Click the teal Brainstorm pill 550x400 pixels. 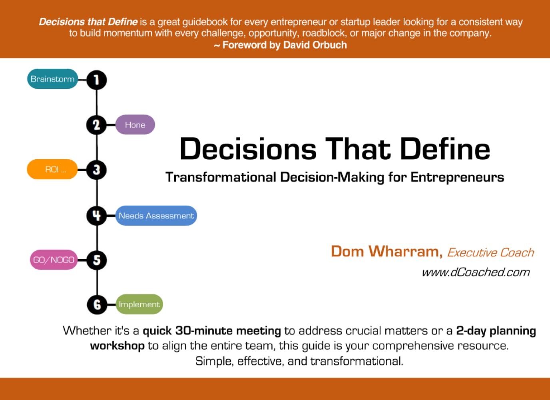[52, 79]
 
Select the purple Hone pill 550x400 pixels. [135, 125]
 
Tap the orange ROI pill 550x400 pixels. [52, 169]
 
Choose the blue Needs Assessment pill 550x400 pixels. [156, 216]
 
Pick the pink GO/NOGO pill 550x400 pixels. [54, 260]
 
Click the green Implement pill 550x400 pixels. [139, 304]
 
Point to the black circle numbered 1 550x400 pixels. [96, 80]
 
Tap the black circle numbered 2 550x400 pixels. [96, 125]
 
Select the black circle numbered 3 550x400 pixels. [96, 170]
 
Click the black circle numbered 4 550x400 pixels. [96, 216]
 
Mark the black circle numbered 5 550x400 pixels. [97, 260]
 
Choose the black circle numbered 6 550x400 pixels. [97, 305]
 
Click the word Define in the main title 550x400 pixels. [444, 149]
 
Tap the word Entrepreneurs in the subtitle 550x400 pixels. [457, 177]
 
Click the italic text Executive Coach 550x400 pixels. [490, 253]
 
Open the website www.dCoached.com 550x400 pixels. [476, 272]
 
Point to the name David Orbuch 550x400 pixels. [315, 45]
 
